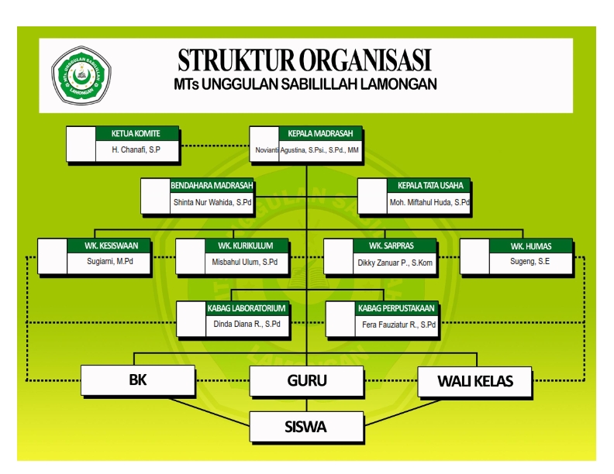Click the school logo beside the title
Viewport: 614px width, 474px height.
coord(81,75)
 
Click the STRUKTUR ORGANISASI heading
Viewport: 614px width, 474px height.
coord(305,60)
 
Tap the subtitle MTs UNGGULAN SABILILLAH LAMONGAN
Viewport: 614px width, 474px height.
coord(305,84)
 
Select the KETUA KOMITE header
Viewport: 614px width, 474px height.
coord(136,133)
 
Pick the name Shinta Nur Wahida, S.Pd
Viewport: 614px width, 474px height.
coord(212,202)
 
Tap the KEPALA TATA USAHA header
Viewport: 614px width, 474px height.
coord(429,186)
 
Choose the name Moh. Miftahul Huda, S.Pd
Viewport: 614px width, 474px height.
coord(429,202)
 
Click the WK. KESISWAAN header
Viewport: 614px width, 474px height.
coord(112,246)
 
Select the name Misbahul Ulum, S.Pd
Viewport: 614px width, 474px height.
coord(245,263)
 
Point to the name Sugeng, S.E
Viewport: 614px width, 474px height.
coord(531,263)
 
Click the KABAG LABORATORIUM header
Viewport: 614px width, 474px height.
coord(247,308)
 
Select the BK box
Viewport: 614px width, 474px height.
coord(137,381)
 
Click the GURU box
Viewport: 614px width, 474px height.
coord(307,381)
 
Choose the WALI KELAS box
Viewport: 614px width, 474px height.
coord(474,381)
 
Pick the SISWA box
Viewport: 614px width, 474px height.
coord(307,426)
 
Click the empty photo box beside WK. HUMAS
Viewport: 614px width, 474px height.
coord(474,257)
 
